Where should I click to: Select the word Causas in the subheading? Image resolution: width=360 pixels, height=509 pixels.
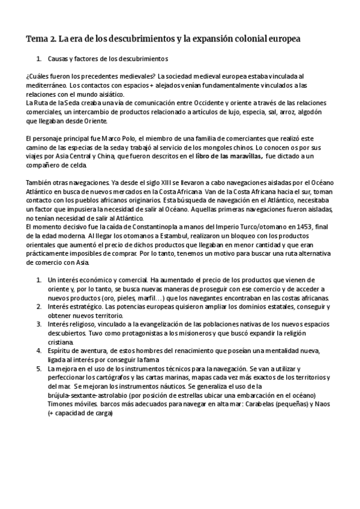click(x=58, y=59)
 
